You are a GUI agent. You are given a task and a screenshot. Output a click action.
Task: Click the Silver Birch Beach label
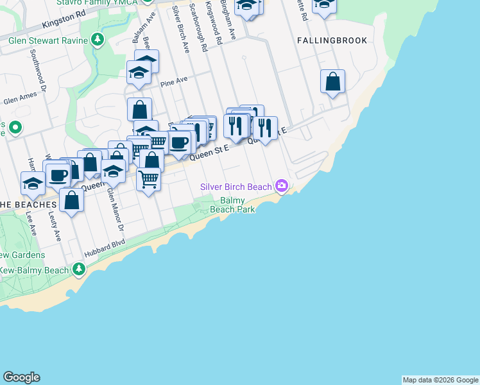[236, 187]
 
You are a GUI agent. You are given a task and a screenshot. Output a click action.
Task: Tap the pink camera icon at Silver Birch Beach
[281, 186]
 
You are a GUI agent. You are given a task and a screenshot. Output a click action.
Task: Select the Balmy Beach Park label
[233, 205]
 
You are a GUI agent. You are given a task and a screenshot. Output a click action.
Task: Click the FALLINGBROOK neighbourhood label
[332, 40]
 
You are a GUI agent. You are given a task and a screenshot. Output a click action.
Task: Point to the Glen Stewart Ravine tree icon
[97, 40]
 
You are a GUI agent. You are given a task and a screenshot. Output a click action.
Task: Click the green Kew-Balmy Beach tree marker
[78, 269]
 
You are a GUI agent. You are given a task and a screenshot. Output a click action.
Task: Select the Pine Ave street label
[174, 81]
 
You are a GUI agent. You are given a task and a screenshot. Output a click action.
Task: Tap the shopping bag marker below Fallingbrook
[332, 81]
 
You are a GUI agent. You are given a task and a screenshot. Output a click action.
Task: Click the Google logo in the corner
[21, 377]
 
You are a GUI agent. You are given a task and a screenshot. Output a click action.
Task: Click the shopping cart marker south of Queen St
[149, 179]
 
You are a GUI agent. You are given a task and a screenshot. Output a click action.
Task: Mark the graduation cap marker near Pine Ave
[139, 74]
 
